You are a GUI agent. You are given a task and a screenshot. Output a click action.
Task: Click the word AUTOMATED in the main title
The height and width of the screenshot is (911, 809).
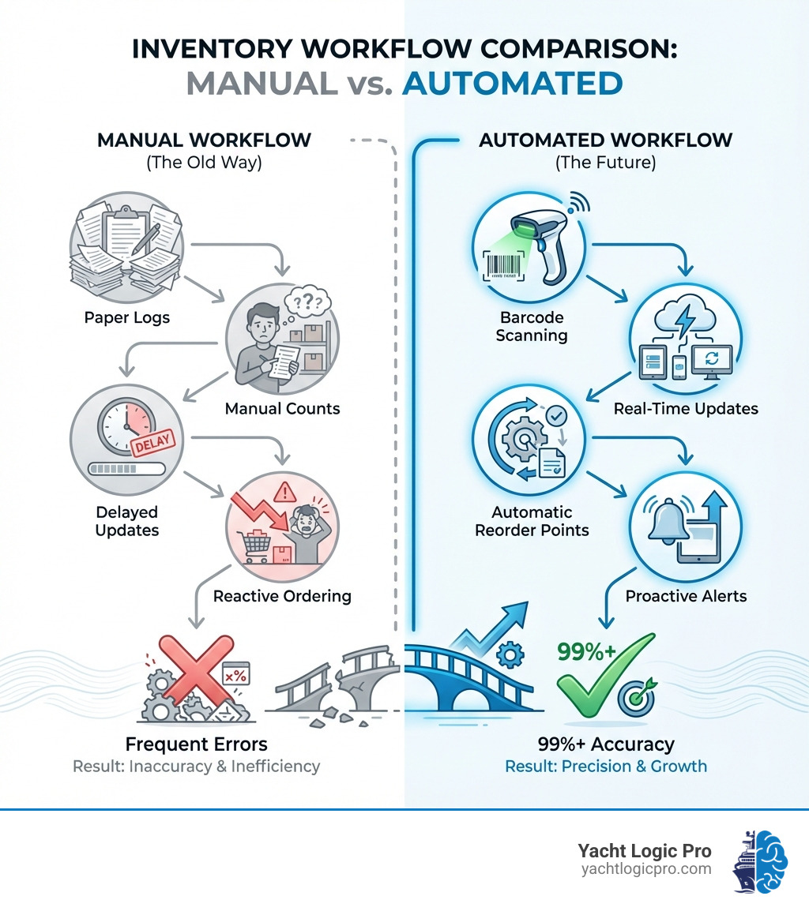click(512, 83)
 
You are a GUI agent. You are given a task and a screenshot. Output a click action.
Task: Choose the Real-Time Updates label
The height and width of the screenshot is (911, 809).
click(686, 408)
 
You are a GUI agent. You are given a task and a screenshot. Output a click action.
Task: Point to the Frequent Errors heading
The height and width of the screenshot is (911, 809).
click(196, 744)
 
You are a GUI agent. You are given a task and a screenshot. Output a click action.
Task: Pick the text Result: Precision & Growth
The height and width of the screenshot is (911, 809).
click(606, 767)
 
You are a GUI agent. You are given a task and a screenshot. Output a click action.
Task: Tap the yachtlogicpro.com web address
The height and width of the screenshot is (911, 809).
click(645, 869)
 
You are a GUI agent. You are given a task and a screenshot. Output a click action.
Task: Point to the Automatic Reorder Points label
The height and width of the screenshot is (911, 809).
click(532, 521)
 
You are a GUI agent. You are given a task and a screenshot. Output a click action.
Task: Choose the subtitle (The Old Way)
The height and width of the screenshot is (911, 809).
click(204, 164)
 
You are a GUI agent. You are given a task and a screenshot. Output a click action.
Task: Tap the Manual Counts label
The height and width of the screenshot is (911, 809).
click(282, 408)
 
